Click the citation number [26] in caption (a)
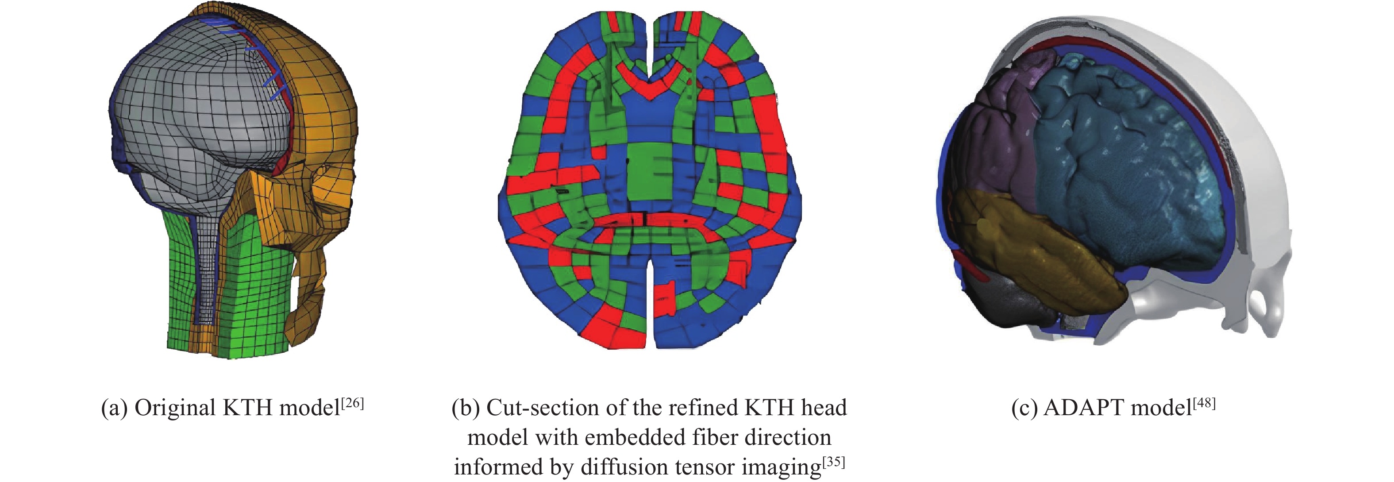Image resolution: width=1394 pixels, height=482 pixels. click(352, 403)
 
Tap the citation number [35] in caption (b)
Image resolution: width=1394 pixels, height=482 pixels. click(833, 463)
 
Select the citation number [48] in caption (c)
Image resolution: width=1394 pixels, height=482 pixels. click(1204, 403)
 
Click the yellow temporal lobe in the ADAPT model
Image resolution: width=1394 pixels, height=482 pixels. click(1028, 254)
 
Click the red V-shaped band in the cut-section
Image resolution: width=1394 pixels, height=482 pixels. click(649, 84)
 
